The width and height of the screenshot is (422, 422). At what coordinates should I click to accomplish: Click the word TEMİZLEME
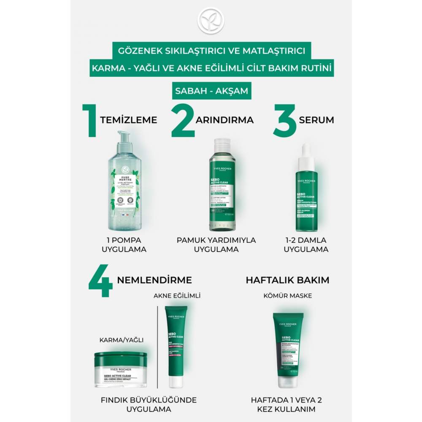click(x=128, y=120)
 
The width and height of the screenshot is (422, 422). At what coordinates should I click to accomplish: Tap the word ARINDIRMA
click(x=225, y=120)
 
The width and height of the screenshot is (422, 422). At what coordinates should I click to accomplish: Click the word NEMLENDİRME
click(x=154, y=280)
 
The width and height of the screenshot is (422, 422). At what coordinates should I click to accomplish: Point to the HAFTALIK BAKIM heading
click(x=288, y=280)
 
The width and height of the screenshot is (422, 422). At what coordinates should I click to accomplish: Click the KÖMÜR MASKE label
click(x=288, y=296)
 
